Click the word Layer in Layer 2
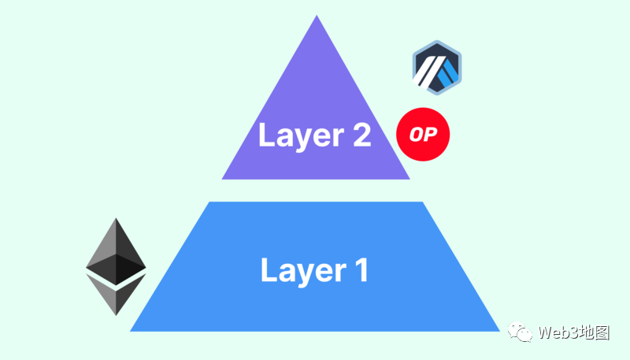302,136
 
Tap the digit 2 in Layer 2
361,134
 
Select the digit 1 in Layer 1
363,269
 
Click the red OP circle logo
423,134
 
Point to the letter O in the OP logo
417,134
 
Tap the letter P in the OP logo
430,134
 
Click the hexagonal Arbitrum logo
437,68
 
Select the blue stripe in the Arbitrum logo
448,74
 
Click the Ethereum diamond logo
116,266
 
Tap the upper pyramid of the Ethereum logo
116,251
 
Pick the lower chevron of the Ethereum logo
116,295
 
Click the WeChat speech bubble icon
520,332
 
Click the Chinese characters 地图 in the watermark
595,332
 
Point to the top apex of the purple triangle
317,15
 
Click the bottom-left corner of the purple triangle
222,179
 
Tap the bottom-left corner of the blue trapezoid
130,331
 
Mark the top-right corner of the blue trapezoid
423,202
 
